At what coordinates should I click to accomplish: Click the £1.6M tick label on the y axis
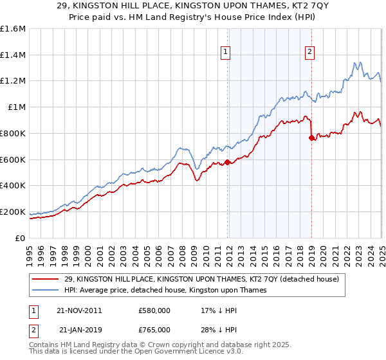(13, 29)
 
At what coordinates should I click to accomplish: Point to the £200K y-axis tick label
(13, 212)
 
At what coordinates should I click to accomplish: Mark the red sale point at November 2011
(228, 162)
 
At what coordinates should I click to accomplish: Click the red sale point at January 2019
(311, 138)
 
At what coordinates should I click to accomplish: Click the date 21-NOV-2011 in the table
(78, 310)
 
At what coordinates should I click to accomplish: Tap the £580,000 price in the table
(154, 310)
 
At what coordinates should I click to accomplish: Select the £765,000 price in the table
(154, 330)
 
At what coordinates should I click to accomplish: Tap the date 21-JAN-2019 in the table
(78, 330)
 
